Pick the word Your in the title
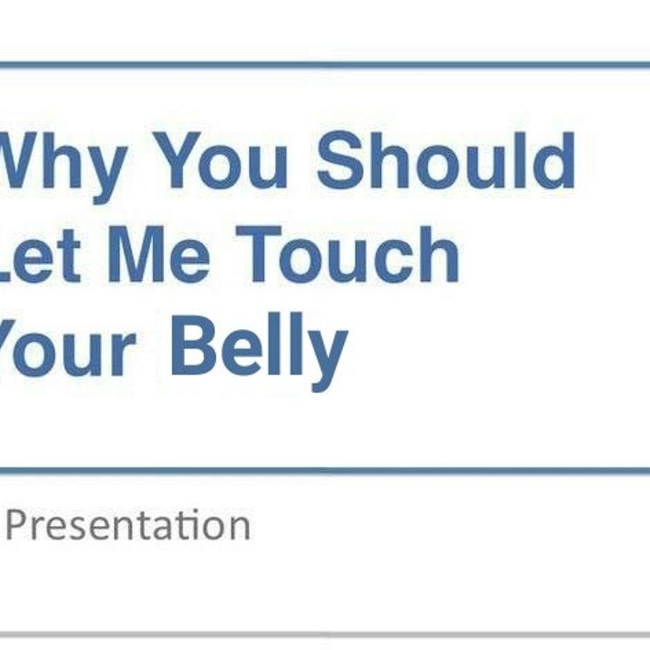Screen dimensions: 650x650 click(67, 347)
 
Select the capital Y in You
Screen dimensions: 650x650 click(185, 160)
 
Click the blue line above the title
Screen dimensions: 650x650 click(325, 65)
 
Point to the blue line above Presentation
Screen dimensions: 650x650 click(325, 471)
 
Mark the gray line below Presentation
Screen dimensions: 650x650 click(325, 634)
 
